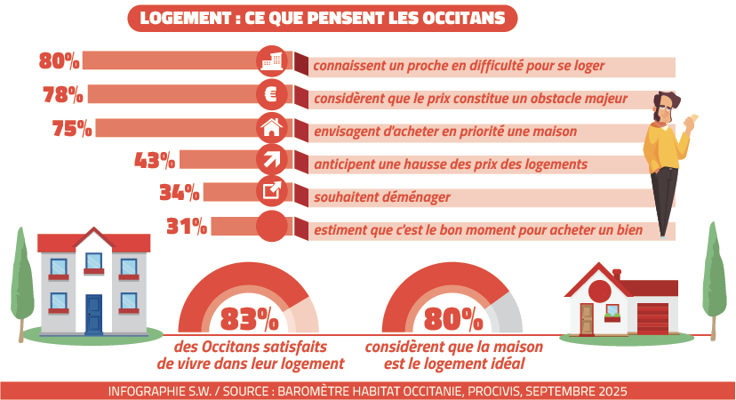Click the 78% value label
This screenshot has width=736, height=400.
tap(62, 94)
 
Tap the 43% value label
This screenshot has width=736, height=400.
tap(155, 160)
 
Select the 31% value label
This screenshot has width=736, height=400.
tap(187, 226)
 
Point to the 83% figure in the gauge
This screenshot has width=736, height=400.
tap(248, 318)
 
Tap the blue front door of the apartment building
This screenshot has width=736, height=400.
tap(93, 313)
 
